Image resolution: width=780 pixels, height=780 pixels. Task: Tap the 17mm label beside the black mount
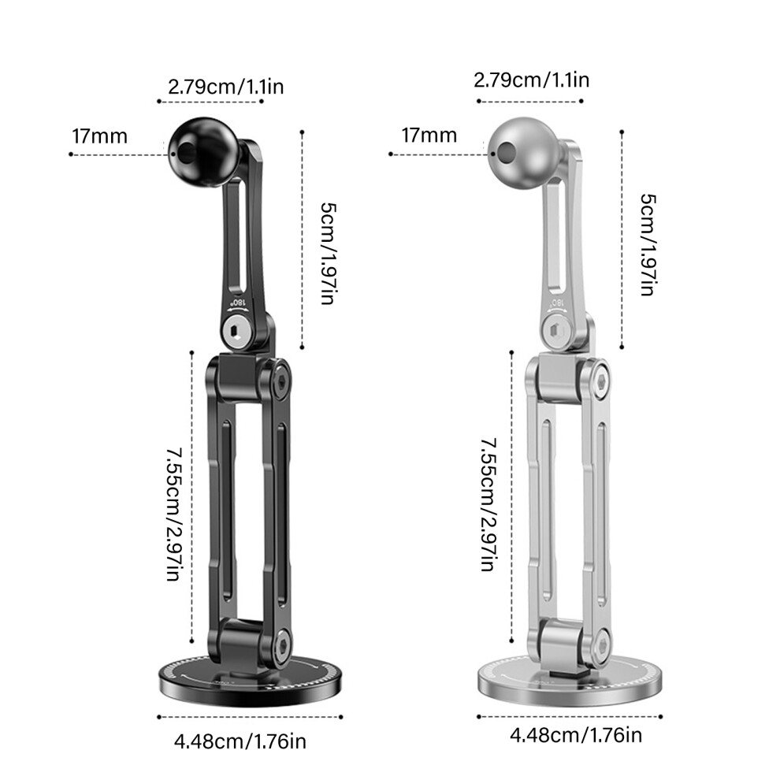coord(99,136)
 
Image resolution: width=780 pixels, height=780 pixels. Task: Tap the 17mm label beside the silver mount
coord(429,136)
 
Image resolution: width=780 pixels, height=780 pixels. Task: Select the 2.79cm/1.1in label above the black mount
coord(226,87)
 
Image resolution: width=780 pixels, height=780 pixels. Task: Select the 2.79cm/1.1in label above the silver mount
coord(531,80)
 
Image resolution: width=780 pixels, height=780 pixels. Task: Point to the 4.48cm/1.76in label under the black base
coord(240,741)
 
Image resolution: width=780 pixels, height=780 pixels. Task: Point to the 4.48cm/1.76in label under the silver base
coord(576,735)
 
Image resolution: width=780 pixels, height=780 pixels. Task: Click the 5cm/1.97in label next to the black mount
coord(329,253)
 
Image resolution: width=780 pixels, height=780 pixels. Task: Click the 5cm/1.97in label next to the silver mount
coord(648,245)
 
